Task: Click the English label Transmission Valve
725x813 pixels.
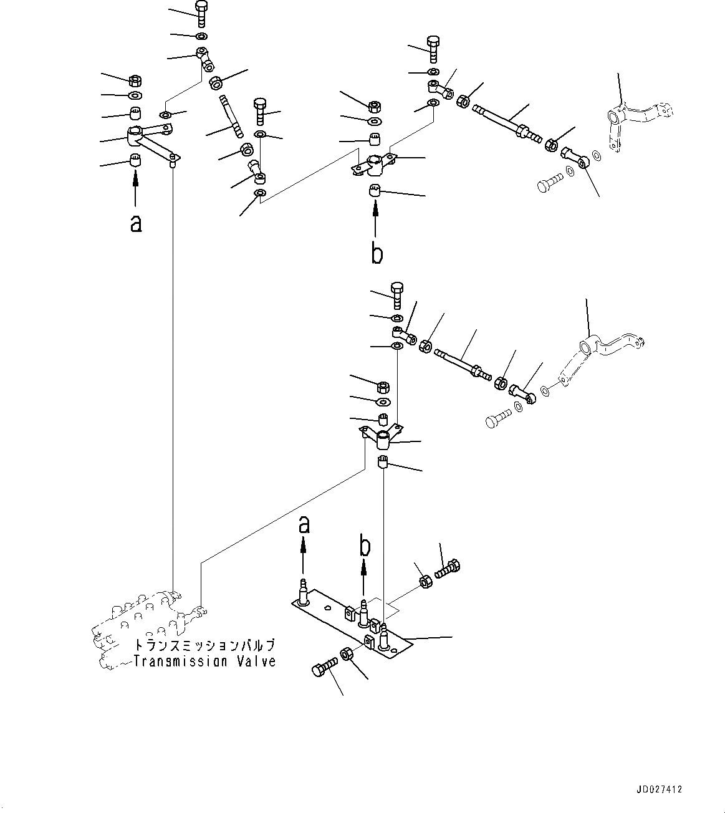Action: point(204,661)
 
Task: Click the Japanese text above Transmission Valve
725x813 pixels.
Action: point(204,646)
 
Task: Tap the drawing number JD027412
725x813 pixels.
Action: point(660,789)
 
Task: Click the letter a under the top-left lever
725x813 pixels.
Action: point(135,223)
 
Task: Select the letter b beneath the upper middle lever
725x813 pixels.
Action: point(377,254)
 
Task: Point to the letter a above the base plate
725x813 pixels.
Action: point(304,525)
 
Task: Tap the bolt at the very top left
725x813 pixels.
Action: point(202,14)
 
